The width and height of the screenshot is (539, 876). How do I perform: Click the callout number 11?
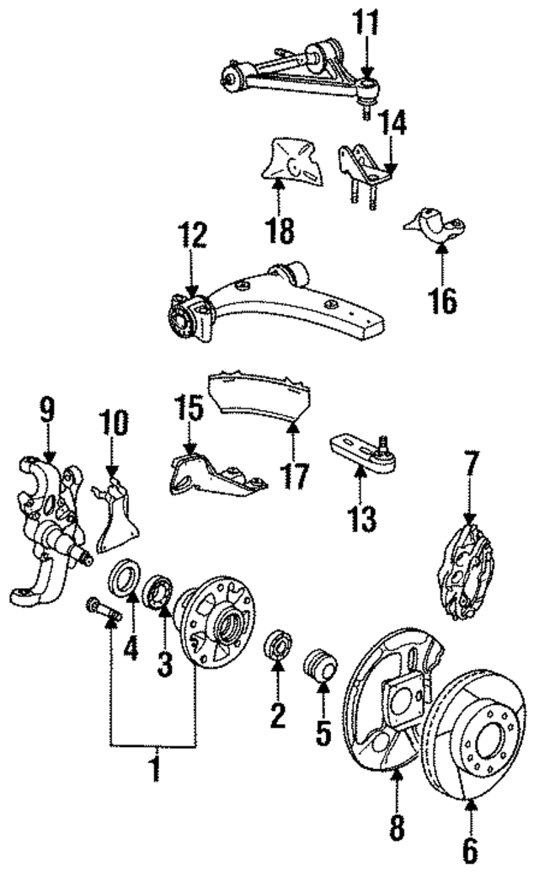[x=366, y=24]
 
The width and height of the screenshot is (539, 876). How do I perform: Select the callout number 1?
[x=153, y=768]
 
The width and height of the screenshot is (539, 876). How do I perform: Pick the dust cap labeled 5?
[x=321, y=665]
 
